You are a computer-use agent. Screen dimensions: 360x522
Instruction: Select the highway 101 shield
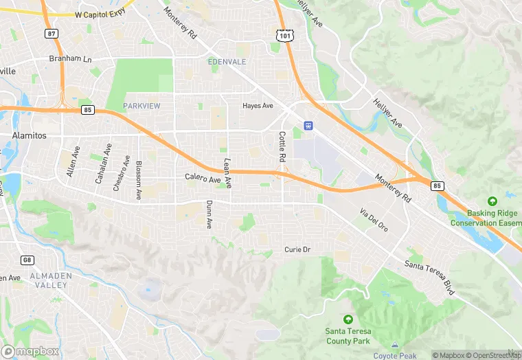point(284,34)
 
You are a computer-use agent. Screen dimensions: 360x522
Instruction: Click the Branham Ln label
point(70,59)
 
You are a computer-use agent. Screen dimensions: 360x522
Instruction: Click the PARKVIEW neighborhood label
point(141,106)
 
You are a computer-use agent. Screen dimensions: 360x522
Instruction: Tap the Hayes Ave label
point(258,106)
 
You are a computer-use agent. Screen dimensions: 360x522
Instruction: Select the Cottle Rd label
point(282,146)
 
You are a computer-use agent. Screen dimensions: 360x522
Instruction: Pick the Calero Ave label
point(203,179)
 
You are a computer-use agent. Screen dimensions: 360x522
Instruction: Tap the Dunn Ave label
point(209,214)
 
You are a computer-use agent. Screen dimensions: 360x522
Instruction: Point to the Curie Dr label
point(297,249)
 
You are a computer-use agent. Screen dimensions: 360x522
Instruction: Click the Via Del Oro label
point(374,218)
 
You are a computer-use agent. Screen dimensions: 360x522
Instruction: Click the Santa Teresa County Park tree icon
point(348,319)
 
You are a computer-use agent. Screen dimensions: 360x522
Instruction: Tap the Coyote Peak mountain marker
point(395,346)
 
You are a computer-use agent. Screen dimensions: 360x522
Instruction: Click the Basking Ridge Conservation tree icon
point(492,201)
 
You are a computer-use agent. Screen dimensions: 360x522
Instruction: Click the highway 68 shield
point(27,260)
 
